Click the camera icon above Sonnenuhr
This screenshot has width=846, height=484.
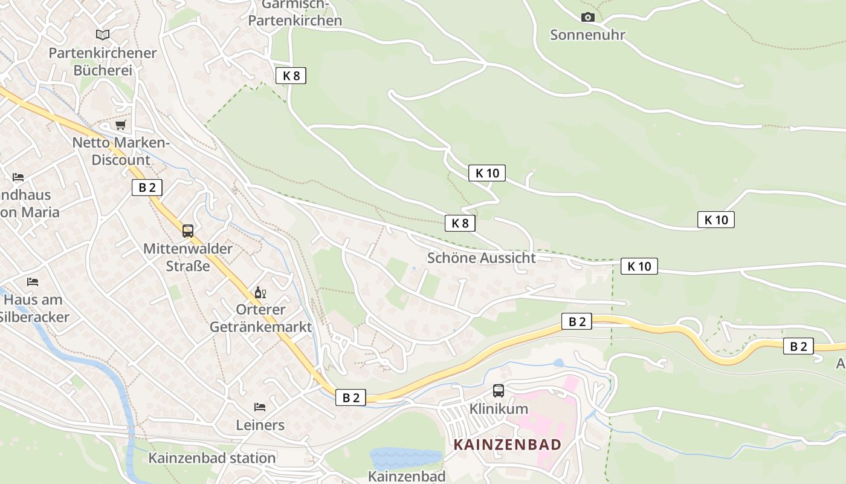pos(587,18)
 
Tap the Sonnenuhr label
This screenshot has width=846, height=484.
pos(587,35)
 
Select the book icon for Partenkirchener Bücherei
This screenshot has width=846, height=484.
pos(103,35)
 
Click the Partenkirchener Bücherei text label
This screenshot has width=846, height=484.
pos(103,62)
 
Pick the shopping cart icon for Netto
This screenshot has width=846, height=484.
pos(121,125)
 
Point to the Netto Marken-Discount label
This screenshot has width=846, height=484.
pos(121,151)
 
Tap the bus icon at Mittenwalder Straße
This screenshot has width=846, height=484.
pos(188,231)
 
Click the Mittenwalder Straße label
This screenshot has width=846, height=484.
pos(188,257)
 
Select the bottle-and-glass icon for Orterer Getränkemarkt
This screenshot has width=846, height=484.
pos(260,293)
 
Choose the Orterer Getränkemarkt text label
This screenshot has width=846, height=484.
pos(260,318)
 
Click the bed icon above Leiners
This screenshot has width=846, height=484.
pos(260,407)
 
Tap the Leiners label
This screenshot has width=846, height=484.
pos(260,425)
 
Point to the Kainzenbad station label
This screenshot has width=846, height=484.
pos(212,458)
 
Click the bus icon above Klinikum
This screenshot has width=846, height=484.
pos(499,391)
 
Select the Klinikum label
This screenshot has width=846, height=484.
pos(499,410)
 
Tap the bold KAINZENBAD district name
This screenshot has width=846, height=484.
pos(508,445)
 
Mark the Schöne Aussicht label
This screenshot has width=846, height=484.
pos(481,258)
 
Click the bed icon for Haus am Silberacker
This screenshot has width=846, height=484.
pos(33,282)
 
